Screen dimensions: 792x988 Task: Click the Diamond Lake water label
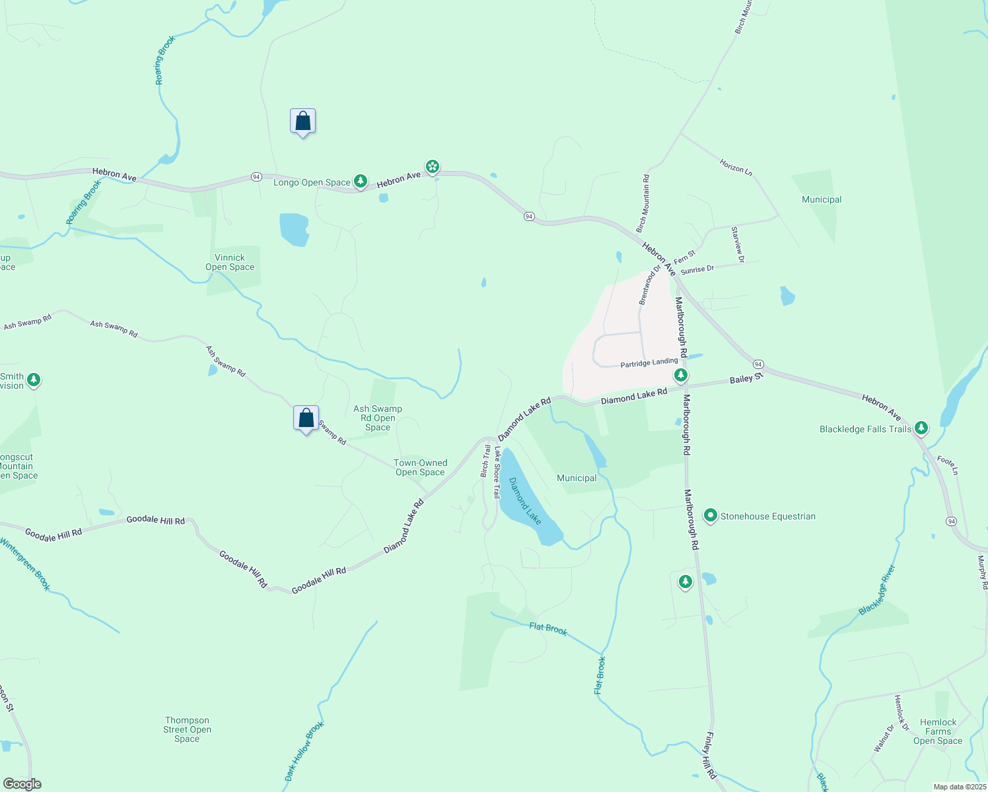[525, 502]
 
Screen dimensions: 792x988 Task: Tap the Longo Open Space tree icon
[360, 181]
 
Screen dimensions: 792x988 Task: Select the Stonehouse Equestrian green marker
[711, 515]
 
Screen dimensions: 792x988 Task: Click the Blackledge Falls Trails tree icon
[921, 428]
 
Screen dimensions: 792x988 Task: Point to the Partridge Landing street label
[649, 363]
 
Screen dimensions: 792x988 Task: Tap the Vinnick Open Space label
[230, 263]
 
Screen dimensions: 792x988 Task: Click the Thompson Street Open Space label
[188, 729]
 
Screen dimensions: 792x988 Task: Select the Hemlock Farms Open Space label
[938, 731]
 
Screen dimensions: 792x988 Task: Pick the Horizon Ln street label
[736, 167]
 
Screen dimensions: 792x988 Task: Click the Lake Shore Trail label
[497, 471]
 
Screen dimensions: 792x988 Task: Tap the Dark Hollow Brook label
[304, 752]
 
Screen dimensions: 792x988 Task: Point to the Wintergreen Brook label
[25, 564]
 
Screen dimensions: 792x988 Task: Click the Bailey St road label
[746, 379]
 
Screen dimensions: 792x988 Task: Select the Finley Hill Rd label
[711, 755]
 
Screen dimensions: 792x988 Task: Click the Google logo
[22, 784]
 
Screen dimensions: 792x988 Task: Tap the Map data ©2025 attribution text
[959, 787]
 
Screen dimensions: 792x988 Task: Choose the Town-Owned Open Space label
[421, 467]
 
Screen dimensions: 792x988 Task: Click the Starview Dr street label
[738, 244]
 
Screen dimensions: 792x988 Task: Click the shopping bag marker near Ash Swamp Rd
[306, 418]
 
